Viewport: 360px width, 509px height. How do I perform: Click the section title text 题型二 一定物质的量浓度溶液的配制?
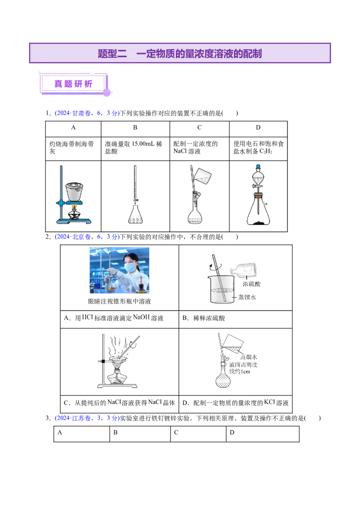click(180, 54)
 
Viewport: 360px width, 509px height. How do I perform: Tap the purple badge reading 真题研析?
click(73, 84)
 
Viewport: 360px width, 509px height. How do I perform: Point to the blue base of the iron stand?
click(74, 221)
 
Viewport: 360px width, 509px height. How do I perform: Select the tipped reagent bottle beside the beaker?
click(245, 270)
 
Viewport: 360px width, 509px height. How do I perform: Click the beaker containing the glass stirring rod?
click(222, 290)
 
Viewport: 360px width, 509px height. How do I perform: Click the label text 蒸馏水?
click(249, 357)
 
